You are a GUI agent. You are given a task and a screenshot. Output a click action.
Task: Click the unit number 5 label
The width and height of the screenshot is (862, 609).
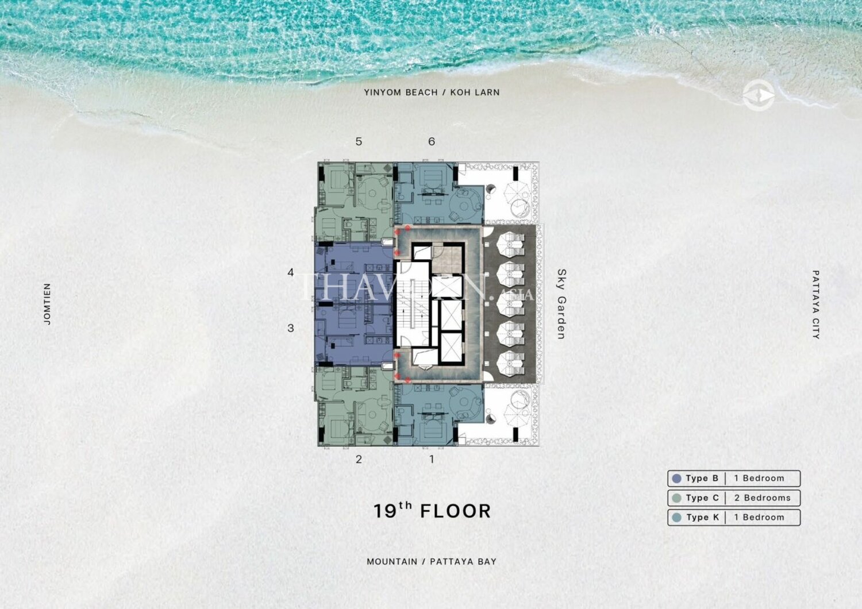359,141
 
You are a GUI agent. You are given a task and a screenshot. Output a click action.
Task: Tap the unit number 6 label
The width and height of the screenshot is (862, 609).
432,141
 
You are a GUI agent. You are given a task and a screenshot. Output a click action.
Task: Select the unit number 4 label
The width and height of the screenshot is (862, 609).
291,272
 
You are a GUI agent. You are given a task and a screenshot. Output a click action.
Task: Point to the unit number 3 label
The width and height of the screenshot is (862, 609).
291,328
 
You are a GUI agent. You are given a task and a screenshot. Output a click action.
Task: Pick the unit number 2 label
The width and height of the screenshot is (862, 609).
359,459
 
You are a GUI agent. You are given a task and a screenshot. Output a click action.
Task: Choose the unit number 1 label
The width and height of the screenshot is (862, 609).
432,459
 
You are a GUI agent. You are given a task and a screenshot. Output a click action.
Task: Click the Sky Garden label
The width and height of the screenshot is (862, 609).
561,304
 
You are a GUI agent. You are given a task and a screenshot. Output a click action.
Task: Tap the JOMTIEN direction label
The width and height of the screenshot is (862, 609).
47,304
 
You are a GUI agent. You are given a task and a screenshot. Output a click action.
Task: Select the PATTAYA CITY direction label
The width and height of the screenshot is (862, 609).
815,304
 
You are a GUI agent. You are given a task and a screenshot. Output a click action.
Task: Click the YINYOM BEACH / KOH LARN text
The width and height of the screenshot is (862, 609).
432,92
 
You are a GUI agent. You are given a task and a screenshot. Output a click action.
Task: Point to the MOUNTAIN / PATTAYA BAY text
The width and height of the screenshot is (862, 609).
432,562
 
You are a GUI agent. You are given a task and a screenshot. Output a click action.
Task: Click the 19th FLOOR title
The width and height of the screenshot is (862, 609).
432,511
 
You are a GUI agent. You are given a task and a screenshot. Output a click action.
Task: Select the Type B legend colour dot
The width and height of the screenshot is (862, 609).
676,479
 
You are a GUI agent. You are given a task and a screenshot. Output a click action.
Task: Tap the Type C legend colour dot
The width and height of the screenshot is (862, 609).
676,498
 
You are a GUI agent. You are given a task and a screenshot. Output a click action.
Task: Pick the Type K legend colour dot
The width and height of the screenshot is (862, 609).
676,518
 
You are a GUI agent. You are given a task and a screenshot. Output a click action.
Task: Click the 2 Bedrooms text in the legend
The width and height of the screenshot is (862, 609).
763,498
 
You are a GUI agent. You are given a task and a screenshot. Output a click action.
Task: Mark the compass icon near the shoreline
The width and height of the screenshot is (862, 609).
759,95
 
